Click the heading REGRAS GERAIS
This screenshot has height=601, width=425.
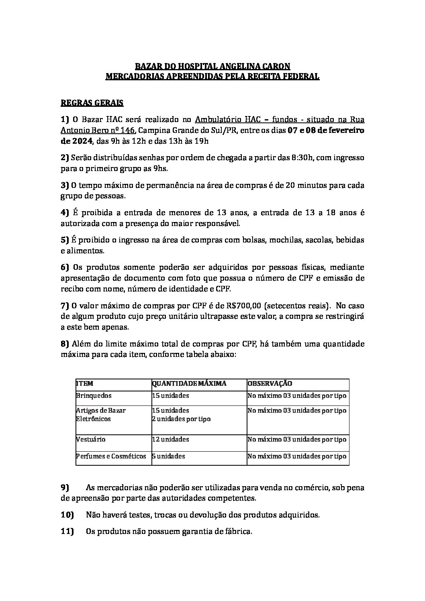[92, 103]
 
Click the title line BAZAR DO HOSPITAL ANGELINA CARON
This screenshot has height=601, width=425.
[212, 66]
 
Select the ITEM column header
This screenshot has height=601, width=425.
[85, 384]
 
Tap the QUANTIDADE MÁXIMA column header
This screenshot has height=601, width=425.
[189, 384]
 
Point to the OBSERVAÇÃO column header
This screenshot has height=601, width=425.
[270, 384]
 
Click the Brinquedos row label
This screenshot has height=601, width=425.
[94, 396]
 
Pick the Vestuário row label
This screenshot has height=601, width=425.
[91, 439]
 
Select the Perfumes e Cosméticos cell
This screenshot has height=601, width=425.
[111, 456]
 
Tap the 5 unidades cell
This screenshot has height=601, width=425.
[168, 456]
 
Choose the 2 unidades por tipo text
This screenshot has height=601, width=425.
[181, 419]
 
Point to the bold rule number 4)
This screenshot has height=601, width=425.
[65, 212]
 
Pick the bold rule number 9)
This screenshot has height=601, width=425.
[65, 488]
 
